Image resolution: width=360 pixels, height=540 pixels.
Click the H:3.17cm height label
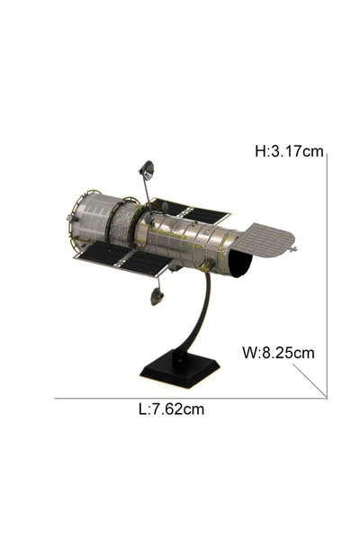coord(289,151)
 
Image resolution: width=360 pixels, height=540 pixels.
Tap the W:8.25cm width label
coord(278,353)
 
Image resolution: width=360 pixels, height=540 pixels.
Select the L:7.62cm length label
coord(171,409)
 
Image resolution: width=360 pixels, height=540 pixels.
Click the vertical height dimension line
coord(327,276)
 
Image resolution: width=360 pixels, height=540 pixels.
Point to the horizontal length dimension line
coord(191,399)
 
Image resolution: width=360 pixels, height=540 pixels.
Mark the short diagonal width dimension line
coord(310,382)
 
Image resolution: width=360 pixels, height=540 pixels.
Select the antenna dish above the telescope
coord(147,170)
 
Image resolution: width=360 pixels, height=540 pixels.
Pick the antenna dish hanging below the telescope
coord(157,296)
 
